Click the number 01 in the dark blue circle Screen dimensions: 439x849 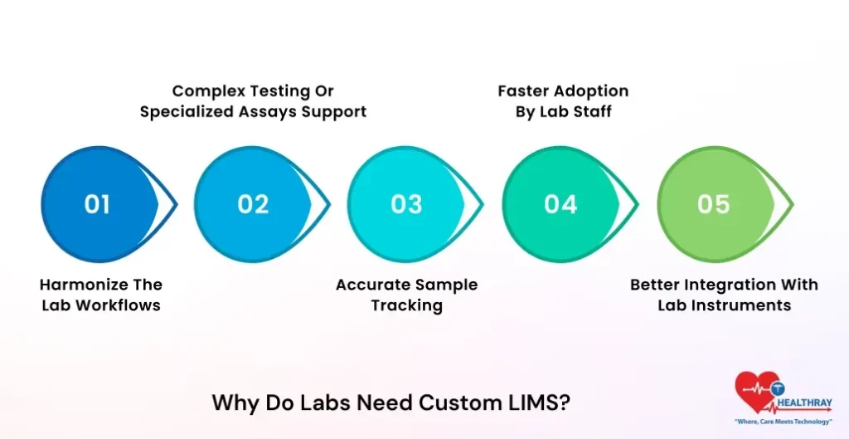click(97, 204)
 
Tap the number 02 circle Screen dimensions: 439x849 click(252, 204)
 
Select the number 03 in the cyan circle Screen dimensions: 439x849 click(406, 204)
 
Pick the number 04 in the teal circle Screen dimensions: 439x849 click(560, 204)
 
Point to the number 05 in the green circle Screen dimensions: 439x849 click(713, 204)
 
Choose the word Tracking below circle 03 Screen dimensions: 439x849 click(406, 305)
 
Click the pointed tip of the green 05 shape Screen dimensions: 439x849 click(792, 204)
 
